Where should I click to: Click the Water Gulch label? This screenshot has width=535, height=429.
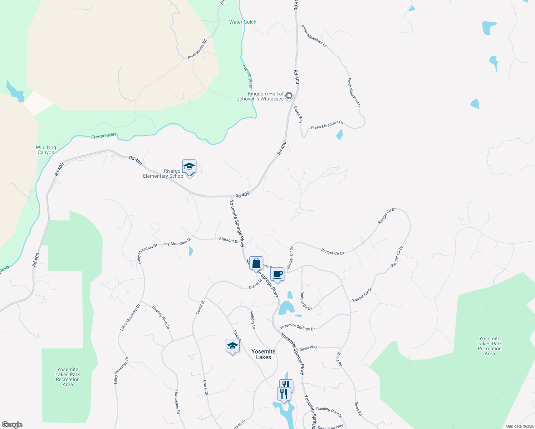tap(242, 22)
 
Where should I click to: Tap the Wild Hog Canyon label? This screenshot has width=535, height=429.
tap(46, 150)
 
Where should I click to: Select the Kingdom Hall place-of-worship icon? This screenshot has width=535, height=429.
tap(289, 95)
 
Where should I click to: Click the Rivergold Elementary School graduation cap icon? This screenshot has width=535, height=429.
tap(189, 167)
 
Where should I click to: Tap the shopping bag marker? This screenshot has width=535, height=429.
tap(256, 263)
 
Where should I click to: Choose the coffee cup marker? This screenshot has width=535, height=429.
tap(277, 275)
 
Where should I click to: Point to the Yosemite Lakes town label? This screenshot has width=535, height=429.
tap(264, 354)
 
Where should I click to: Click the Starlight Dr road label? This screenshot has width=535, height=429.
tap(229, 240)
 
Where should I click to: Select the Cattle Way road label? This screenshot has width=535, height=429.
tap(298, 114)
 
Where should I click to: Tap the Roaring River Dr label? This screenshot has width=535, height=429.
tap(161, 317)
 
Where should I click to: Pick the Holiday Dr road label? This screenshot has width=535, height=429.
tap(252, 320)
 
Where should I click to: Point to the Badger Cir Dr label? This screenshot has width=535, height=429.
tap(306, 301)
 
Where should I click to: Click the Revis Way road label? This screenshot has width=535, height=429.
tap(308, 348)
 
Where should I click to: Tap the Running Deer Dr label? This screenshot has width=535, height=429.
tap(329, 412)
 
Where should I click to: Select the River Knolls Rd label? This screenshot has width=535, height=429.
tap(197, 49)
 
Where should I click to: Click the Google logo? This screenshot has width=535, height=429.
tap(12, 425)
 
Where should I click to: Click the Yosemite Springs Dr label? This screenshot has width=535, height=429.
tap(297, 327)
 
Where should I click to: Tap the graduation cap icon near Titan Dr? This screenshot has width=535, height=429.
tap(232, 346)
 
